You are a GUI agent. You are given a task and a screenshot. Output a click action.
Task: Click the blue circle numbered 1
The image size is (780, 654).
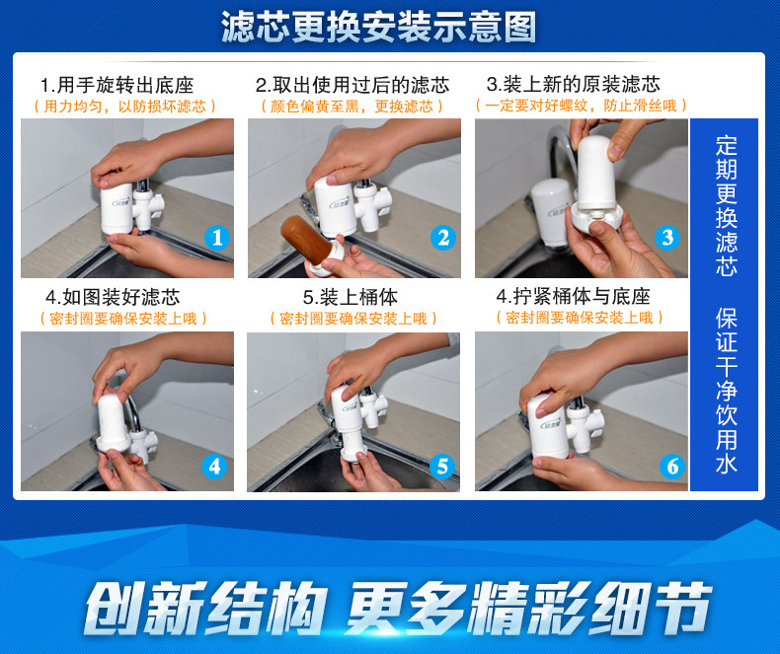(217, 238)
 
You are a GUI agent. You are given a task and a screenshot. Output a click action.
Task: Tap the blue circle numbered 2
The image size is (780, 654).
(443, 238)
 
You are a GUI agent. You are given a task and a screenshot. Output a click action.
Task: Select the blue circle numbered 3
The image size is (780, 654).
(667, 238)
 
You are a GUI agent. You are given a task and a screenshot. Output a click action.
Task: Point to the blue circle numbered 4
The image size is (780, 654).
(214, 467)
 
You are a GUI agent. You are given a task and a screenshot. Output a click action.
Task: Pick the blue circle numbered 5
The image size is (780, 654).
(442, 467)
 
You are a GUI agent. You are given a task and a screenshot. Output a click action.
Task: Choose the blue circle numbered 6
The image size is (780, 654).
(672, 467)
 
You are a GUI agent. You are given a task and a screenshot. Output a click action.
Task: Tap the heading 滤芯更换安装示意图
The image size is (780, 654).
(379, 27)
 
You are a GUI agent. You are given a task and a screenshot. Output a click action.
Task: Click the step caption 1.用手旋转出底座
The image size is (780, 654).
(117, 85)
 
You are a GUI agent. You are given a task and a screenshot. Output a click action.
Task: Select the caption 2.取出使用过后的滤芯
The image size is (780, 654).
(352, 85)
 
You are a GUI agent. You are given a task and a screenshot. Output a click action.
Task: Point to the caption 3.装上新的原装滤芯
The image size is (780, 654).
(574, 84)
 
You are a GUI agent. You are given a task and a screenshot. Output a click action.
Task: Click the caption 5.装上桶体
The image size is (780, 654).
(351, 297)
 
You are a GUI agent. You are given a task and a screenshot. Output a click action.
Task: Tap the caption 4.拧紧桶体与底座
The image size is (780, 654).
(573, 296)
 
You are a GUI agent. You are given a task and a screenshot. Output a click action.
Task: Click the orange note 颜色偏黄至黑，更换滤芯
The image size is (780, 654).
(352, 107)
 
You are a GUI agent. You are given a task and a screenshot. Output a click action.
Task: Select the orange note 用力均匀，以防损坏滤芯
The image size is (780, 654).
(124, 107)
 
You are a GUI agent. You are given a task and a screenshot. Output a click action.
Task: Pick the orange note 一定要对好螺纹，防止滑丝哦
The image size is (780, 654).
(581, 106)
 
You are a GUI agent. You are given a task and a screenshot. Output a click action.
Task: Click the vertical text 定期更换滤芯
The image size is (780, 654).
(726, 206)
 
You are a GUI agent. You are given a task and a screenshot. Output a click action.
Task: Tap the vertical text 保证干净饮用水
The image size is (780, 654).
(726, 390)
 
